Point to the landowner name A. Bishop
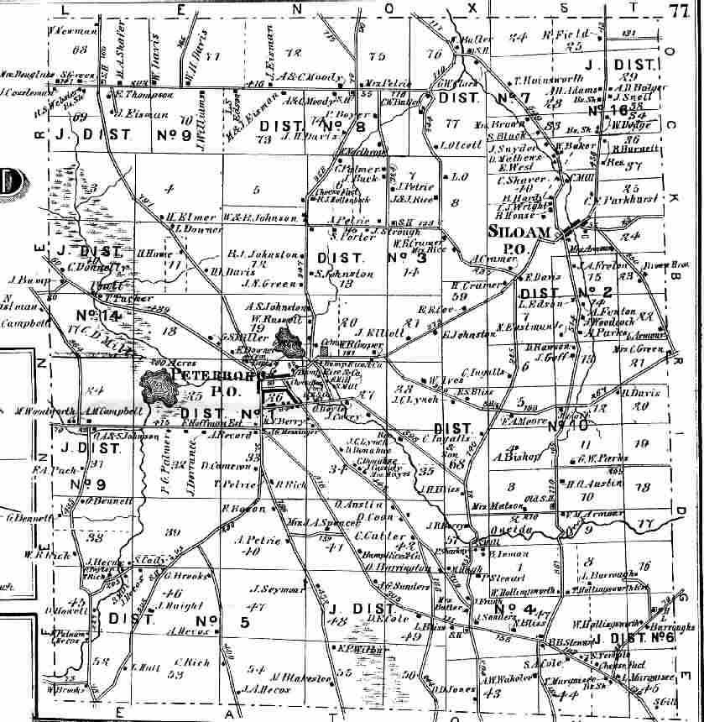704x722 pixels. pyautogui.click(x=509, y=457)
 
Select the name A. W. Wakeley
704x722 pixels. pyautogui.click(x=502, y=680)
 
